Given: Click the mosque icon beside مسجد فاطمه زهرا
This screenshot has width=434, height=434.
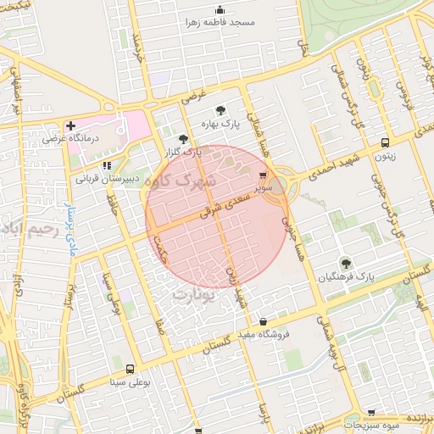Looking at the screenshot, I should (x=221, y=10).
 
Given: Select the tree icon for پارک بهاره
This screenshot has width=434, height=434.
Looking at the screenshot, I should (x=221, y=110).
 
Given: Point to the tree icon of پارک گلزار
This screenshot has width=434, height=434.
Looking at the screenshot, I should (x=183, y=140).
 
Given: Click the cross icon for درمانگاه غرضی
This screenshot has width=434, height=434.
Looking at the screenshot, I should (x=70, y=125).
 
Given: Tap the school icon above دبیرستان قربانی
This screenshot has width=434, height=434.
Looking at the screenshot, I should (x=106, y=166).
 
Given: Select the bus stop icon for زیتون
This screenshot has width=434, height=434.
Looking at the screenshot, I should (x=386, y=143).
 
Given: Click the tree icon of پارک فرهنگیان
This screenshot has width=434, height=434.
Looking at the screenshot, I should (x=345, y=263).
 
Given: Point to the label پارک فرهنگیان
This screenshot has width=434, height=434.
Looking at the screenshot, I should (x=346, y=277).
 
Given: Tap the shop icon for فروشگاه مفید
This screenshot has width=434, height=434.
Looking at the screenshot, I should (x=262, y=322).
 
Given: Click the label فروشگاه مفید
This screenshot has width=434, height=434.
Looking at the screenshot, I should (x=263, y=335).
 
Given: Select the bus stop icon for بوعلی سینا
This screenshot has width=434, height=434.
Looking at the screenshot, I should (x=130, y=369).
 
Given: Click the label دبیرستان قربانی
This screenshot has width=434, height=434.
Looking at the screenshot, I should (x=107, y=180).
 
